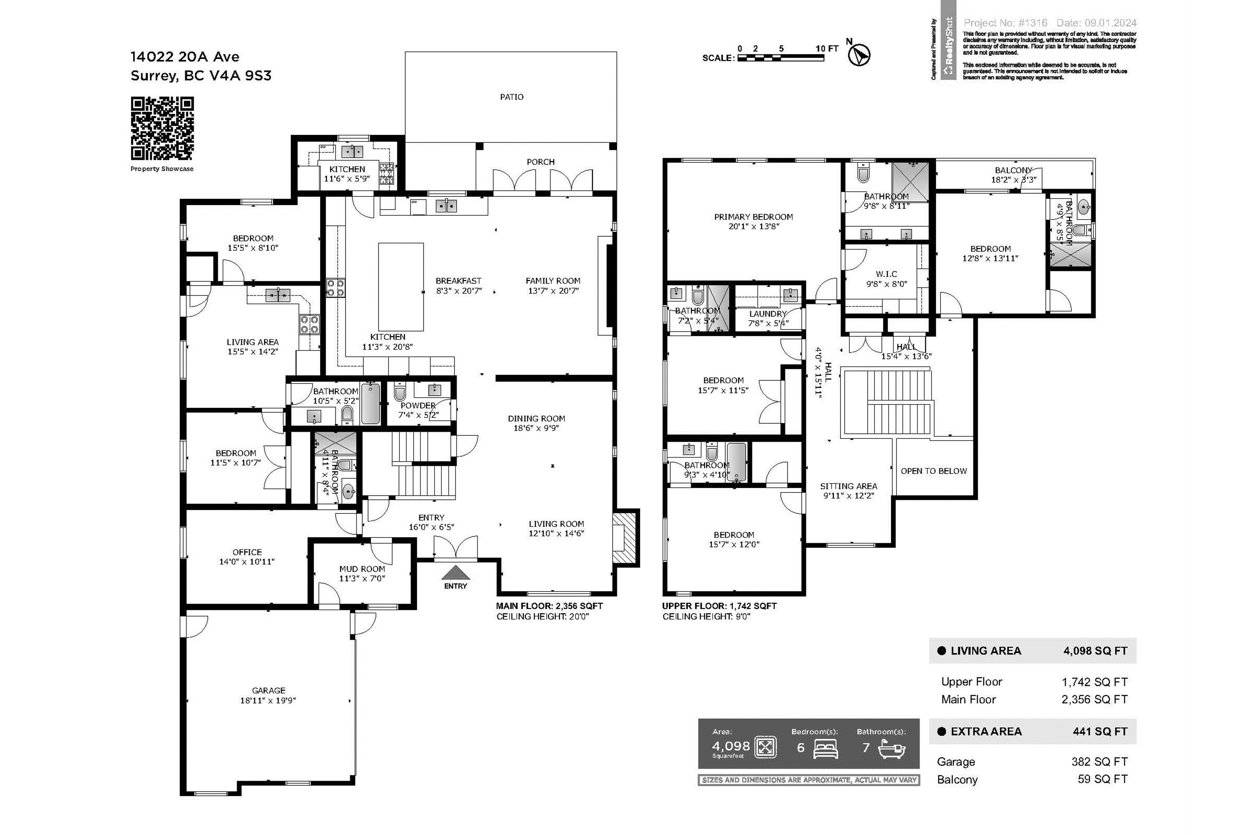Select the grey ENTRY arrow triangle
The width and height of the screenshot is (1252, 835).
pyautogui.click(x=456, y=572)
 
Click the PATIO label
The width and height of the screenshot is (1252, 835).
pyautogui.click(x=512, y=97)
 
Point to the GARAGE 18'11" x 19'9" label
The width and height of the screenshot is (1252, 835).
pyautogui.click(x=268, y=695)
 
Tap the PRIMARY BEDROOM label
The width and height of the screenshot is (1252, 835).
pyautogui.click(x=753, y=221)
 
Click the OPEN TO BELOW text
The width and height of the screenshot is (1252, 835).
pyautogui.click(x=934, y=471)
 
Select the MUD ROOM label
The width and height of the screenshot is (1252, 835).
pyautogui.click(x=362, y=573)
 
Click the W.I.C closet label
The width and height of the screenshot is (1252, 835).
pyautogui.click(x=886, y=278)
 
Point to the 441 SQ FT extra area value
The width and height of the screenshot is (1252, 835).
pyautogui.click(x=1100, y=731)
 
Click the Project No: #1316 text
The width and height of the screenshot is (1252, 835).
pyautogui.click(x=1005, y=23)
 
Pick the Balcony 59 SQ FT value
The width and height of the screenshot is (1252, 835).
pyautogui.click(x=1103, y=779)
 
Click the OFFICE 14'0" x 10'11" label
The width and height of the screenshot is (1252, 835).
pyautogui.click(x=247, y=557)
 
